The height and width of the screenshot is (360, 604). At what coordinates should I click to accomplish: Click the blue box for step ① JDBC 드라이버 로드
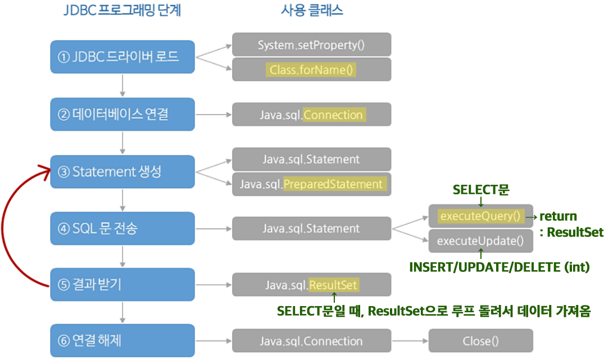pyautogui.click(x=122, y=57)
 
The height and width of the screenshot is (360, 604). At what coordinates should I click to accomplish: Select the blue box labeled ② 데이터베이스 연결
pyautogui.click(x=122, y=115)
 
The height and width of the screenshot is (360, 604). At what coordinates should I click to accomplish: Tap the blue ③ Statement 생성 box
pyautogui.click(x=122, y=171)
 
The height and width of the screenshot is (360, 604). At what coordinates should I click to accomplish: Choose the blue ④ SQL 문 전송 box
pyautogui.click(x=122, y=228)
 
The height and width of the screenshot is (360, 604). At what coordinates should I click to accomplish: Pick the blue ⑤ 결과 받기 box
pyautogui.click(x=122, y=285)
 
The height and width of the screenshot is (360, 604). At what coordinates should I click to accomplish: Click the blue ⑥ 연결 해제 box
pyautogui.click(x=122, y=340)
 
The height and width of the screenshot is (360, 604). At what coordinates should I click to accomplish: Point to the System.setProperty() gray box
pyautogui.click(x=311, y=44)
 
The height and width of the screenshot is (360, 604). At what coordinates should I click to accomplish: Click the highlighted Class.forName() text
pyautogui.click(x=311, y=70)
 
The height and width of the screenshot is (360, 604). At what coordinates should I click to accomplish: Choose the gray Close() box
pyautogui.click(x=480, y=341)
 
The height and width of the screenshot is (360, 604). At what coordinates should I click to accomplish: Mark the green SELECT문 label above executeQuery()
pyautogui.click(x=481, y=190)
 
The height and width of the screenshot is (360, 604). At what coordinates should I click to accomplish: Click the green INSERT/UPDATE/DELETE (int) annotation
pyautogui.click(x=499, y=268)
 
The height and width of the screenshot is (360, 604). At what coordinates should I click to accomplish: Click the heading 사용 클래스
pyautogui.click(x=312, y=11)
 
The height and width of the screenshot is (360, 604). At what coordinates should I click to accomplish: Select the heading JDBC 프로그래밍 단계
pyautogui.click(x=122, y=11)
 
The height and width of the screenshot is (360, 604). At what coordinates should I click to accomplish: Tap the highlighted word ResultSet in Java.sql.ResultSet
pyautogui.click(x=334, y=285)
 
